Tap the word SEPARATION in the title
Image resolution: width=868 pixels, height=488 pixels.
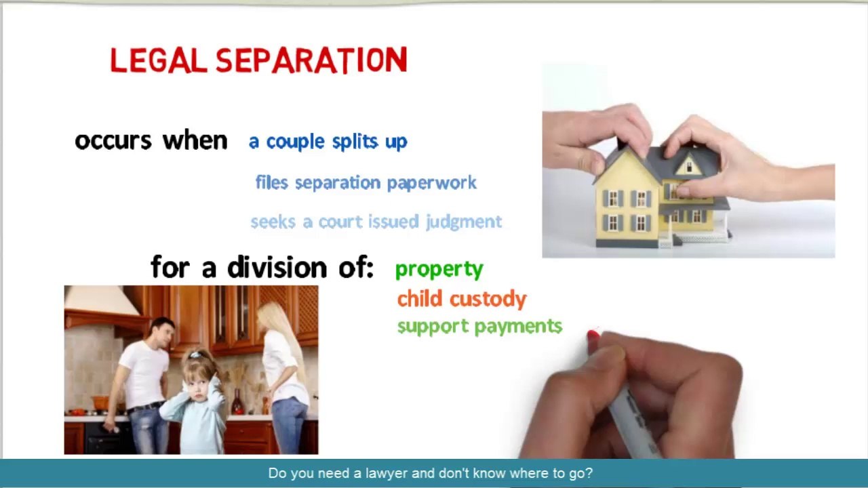click(x=311, y=60)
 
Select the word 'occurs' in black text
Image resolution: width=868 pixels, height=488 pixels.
click(x=113, y=140)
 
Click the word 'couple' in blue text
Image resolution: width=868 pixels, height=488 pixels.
click(x=295, y=142)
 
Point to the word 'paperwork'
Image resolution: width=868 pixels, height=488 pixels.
click(x=432, y=183)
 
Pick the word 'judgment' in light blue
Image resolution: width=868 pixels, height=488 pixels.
click(x=464, y=222)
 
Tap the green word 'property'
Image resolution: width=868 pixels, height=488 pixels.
click(x=439, y=270)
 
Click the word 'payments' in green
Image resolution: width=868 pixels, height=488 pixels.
click(x=519, y=327)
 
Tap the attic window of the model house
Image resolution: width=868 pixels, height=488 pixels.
click(x=689, y=167)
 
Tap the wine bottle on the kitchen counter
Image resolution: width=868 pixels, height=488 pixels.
click(x=237, y=402)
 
